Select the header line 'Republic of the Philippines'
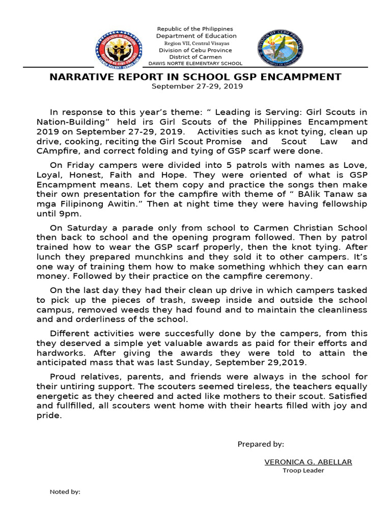pyautogui.click(x=195, y=29)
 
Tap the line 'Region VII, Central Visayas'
pyautogui.click(x=195, y=43)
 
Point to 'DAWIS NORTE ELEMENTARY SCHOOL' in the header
pyautogui.click(x=195, y=64)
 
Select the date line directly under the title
pyautogui.click(x=197, y=86)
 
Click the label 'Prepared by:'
pyautogui.click(x=261, y=444)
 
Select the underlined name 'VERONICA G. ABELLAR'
pyautogui.click(x=308, y=462)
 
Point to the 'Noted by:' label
pyautogui.click(x=65, y=492)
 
